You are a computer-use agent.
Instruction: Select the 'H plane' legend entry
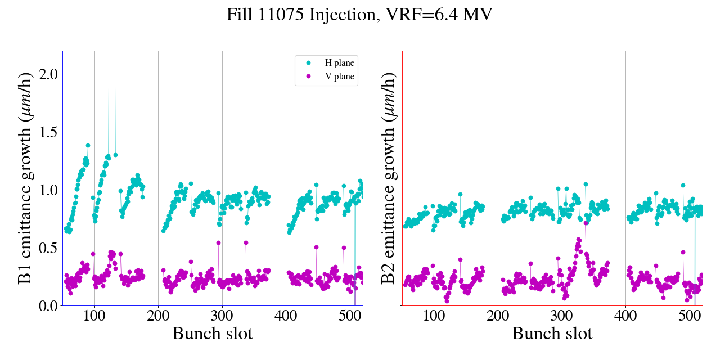(x=339, y=63)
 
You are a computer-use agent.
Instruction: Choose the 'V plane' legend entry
(x=339, y=77)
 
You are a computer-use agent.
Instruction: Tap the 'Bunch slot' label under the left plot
(x=213, y=334)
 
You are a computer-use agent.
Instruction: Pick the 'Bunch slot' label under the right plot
(x=552, y=334)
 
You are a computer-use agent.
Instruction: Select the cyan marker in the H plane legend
(x=308, y=63)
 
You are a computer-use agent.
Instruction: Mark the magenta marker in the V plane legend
(x=308, y=77)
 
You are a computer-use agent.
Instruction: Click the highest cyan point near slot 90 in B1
(x=88, y=145)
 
